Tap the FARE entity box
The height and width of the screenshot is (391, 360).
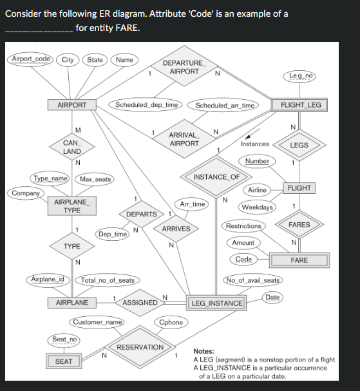tap(299, 260)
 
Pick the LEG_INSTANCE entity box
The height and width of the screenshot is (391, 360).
tap(218, 303)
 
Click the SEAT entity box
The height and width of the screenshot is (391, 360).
tap(63, 361)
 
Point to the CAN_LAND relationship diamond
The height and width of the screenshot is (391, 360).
tap(71, 147)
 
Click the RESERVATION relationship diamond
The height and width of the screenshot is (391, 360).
tap(140, 347)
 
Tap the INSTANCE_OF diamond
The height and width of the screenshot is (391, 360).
tap(216, 177)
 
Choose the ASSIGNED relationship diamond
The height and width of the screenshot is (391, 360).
tap(140, 302)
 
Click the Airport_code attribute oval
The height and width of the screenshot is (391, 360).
tap(32, 59)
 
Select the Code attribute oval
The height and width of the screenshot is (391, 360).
tap(243, 259)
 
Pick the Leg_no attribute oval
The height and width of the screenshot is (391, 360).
tap(301, 76)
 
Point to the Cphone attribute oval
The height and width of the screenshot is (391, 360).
tap(170, 321)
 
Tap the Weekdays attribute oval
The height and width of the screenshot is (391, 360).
tap(257, 207)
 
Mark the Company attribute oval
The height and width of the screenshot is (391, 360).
tap(25, 193)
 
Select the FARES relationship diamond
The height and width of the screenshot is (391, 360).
tap(299, 225)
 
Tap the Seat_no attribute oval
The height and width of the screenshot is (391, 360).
tap(64, 339)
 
